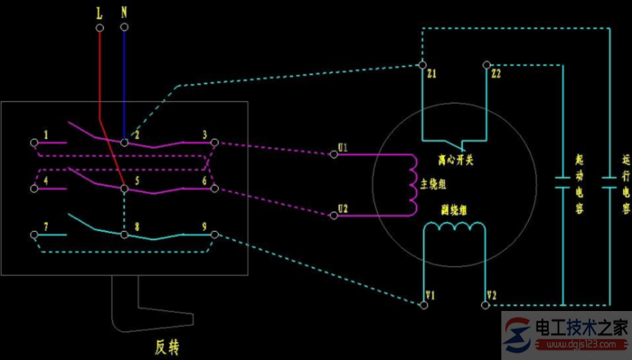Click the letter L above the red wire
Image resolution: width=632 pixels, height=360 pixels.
(100, 14)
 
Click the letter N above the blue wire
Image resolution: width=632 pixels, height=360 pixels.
(123, 14)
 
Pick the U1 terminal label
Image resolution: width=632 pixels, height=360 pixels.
(342, 148)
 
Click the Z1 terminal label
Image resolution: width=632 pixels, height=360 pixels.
(431, 74)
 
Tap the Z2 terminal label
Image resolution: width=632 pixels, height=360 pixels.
(497, 74)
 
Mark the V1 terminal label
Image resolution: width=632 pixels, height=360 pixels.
(429, 295)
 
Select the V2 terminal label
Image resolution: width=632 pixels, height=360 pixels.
(491, 295)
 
